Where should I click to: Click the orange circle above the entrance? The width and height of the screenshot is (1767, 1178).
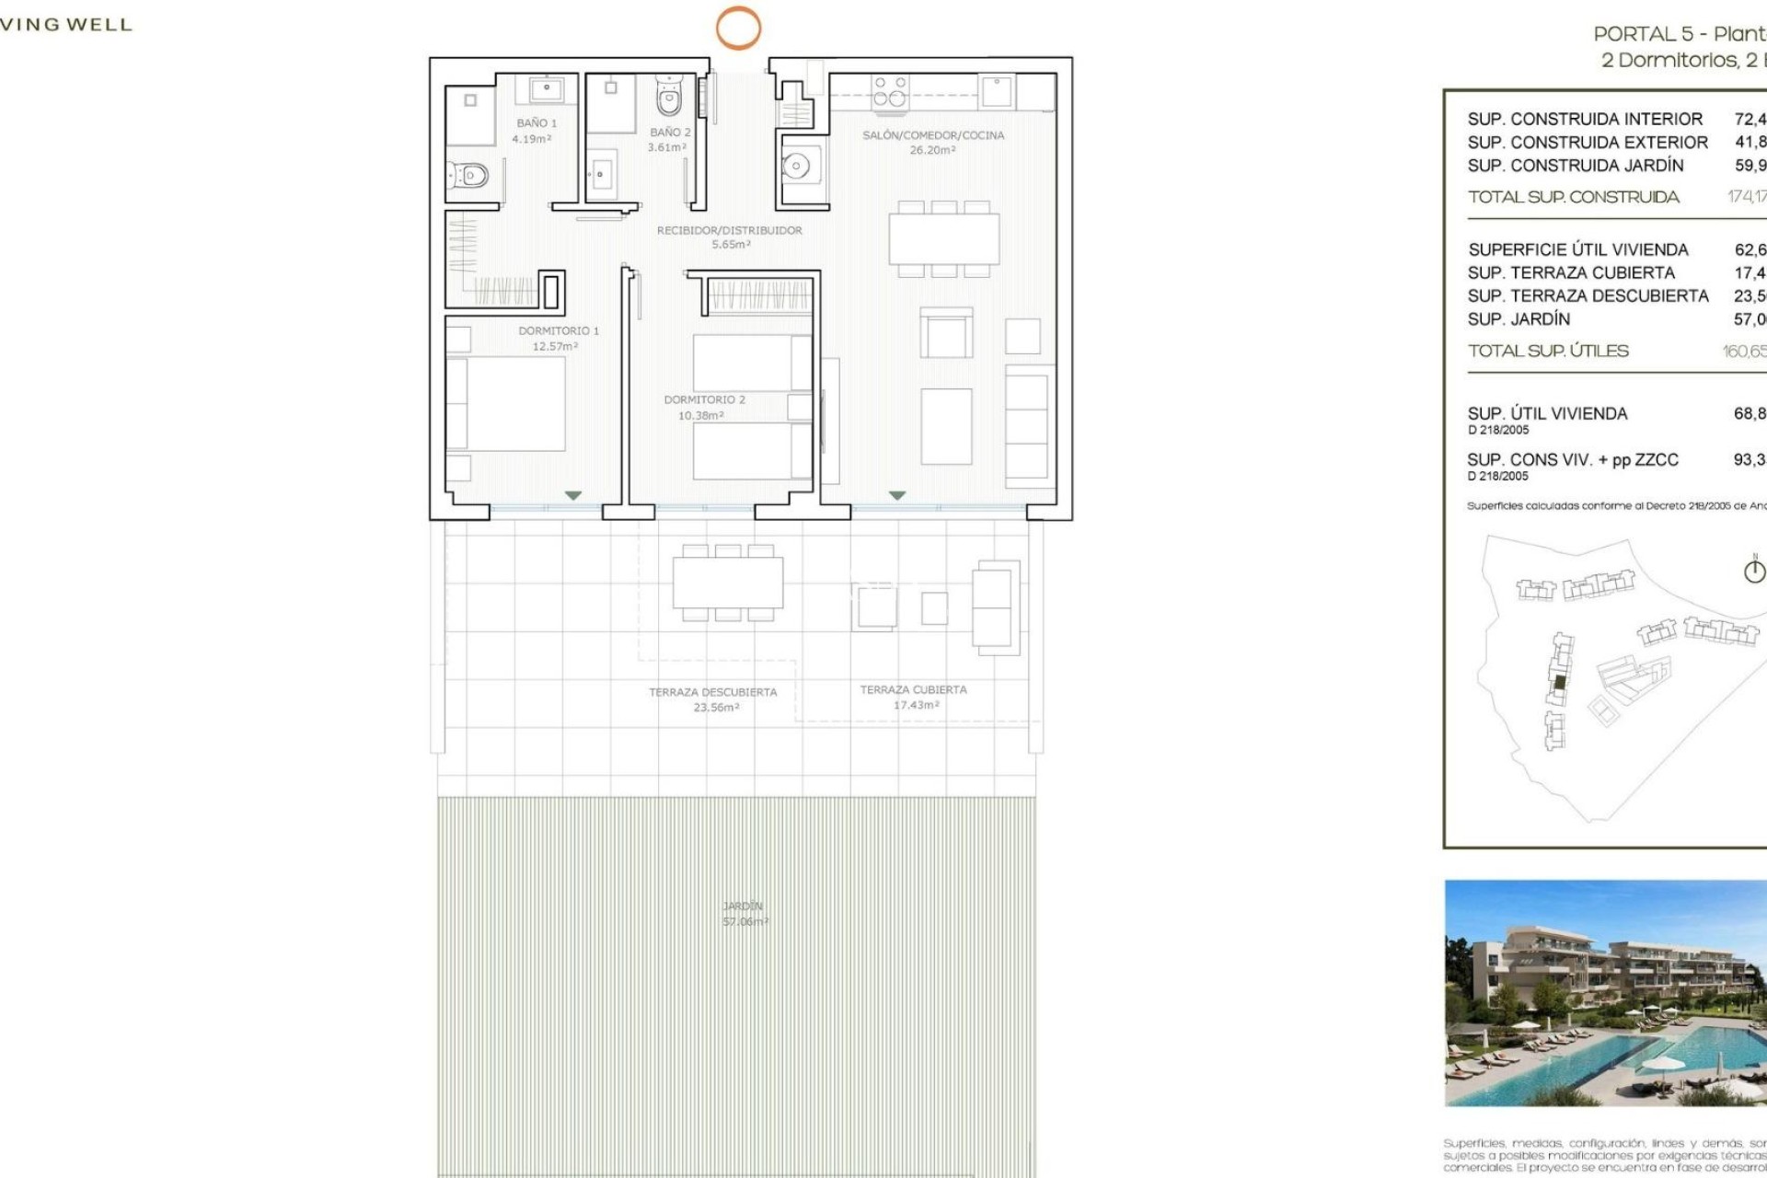coord(738,28)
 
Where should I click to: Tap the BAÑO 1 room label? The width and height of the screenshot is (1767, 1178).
coord(537,123)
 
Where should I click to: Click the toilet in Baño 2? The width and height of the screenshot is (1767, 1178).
coord(669,96)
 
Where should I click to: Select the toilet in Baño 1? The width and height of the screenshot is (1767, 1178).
coord(469,175)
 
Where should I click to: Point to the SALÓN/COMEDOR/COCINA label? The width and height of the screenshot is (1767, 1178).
coord(933,135)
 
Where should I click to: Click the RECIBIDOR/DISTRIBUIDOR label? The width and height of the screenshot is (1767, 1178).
coord(729,230)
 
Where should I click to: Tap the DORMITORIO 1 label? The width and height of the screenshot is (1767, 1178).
coord(558,330)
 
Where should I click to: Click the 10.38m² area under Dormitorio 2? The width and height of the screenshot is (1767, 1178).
coord(701,416)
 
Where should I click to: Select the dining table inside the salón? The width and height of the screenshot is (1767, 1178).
coord(943,238)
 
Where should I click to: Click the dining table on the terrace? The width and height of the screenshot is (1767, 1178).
coord(727,583)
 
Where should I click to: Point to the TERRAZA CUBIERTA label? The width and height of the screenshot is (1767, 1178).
coord(913,689)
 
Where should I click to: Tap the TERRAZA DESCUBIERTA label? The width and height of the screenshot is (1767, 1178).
coord(712,692)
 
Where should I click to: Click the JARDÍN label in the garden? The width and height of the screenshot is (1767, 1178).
coord(742,907)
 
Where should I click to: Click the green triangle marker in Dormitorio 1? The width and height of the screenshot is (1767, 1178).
coord(572,496)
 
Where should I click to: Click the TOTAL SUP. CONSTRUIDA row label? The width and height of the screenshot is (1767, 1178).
coord(1573,197)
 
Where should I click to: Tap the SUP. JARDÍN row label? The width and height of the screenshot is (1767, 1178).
coord(1519,319)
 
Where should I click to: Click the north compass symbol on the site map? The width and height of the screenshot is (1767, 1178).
coord(1754,571)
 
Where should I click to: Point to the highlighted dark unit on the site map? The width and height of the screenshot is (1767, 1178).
coord(1560,683)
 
